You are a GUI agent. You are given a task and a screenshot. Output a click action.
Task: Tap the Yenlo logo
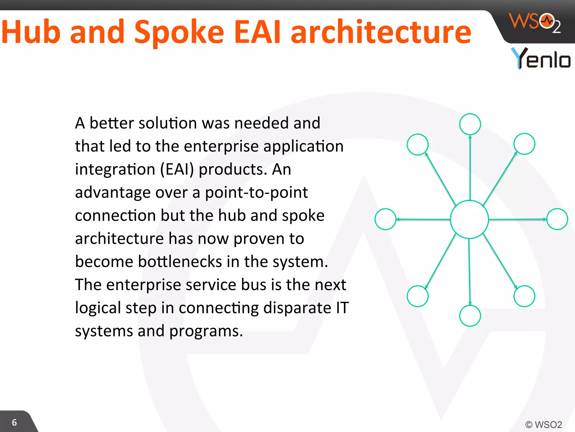tap(540, 58)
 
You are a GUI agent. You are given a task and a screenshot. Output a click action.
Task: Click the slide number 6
tap(14, 422)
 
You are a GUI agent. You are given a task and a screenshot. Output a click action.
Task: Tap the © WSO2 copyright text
tap(544, 424)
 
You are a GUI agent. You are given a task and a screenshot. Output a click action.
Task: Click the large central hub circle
tap(469, 219)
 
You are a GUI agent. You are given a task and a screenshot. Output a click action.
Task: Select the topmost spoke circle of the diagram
tap(470, 124)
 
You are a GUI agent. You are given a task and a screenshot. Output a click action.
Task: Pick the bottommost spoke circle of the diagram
tap(470, 316)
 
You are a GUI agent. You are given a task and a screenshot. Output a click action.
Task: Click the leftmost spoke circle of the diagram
tap(385, 219)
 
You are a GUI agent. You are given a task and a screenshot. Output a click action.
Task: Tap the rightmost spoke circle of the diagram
tap(557, 219)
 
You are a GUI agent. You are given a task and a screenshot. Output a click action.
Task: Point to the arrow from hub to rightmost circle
tap(518, 219)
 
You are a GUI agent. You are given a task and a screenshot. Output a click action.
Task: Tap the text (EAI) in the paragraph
tap(177, 170)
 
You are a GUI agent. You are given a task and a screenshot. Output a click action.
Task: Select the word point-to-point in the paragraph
tap(256, 193)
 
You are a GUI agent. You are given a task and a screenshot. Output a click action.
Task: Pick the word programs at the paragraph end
tap(206, 331)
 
